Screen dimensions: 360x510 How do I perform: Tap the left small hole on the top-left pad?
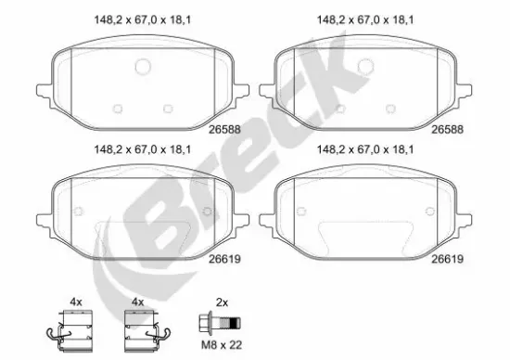click(x=116, y=109)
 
